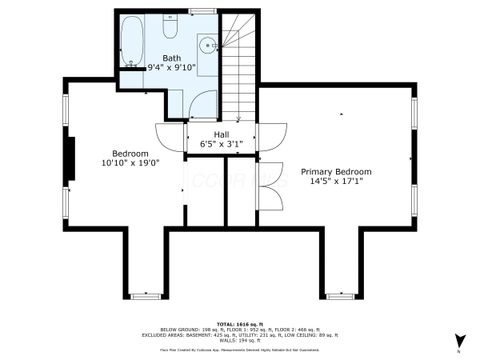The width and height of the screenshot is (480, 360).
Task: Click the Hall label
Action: [x=222, y=133]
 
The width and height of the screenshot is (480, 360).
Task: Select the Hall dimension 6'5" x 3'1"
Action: [x=222, y=144]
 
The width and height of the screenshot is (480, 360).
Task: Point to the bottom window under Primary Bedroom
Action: [x=340, y=296]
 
